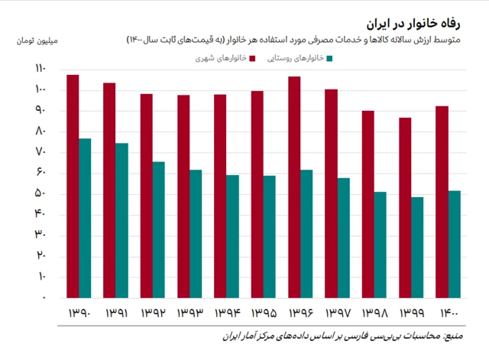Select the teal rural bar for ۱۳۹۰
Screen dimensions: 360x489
pyautogui.click(x=85, y=218)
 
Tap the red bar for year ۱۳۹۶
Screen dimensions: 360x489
pyautogui.click(x=294, y=186)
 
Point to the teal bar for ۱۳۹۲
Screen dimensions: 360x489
pyautogui.click(x=159, y=229)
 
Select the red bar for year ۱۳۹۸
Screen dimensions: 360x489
pyautogui.click(x=368, y=203)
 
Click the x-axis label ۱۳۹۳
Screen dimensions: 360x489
pyautogui.click(x=189, y=313)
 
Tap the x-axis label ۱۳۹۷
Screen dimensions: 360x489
pyautogui.click(x=337, y=313)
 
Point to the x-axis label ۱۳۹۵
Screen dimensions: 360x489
pyautogui.click(x=263, y=313)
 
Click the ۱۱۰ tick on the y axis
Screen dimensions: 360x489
pyautogui.click(x=40, y=70)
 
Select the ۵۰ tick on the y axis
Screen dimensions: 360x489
pyautogui.click(x=40, y=193)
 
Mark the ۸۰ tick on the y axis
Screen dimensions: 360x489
pyautogui.click(x=40, y=131)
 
